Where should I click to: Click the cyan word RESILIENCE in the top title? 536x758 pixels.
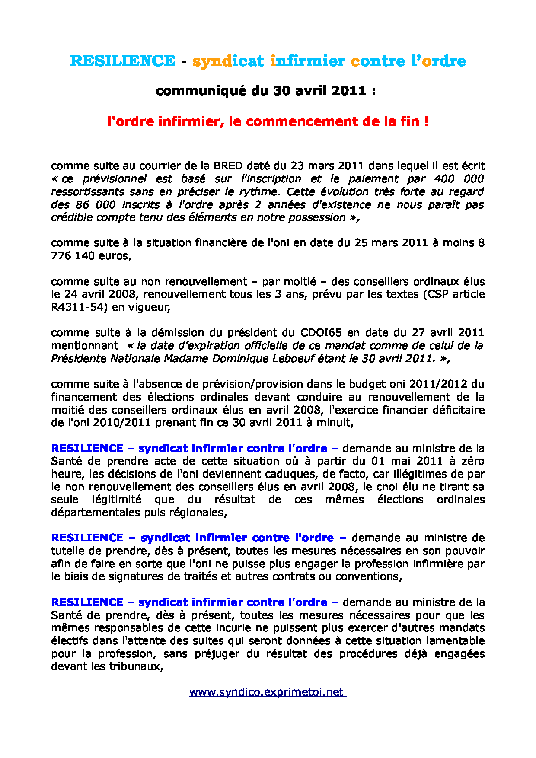click(123, 61)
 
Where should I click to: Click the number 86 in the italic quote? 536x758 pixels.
click(83, 204)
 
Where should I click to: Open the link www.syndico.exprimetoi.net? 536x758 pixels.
click(267, 692)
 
